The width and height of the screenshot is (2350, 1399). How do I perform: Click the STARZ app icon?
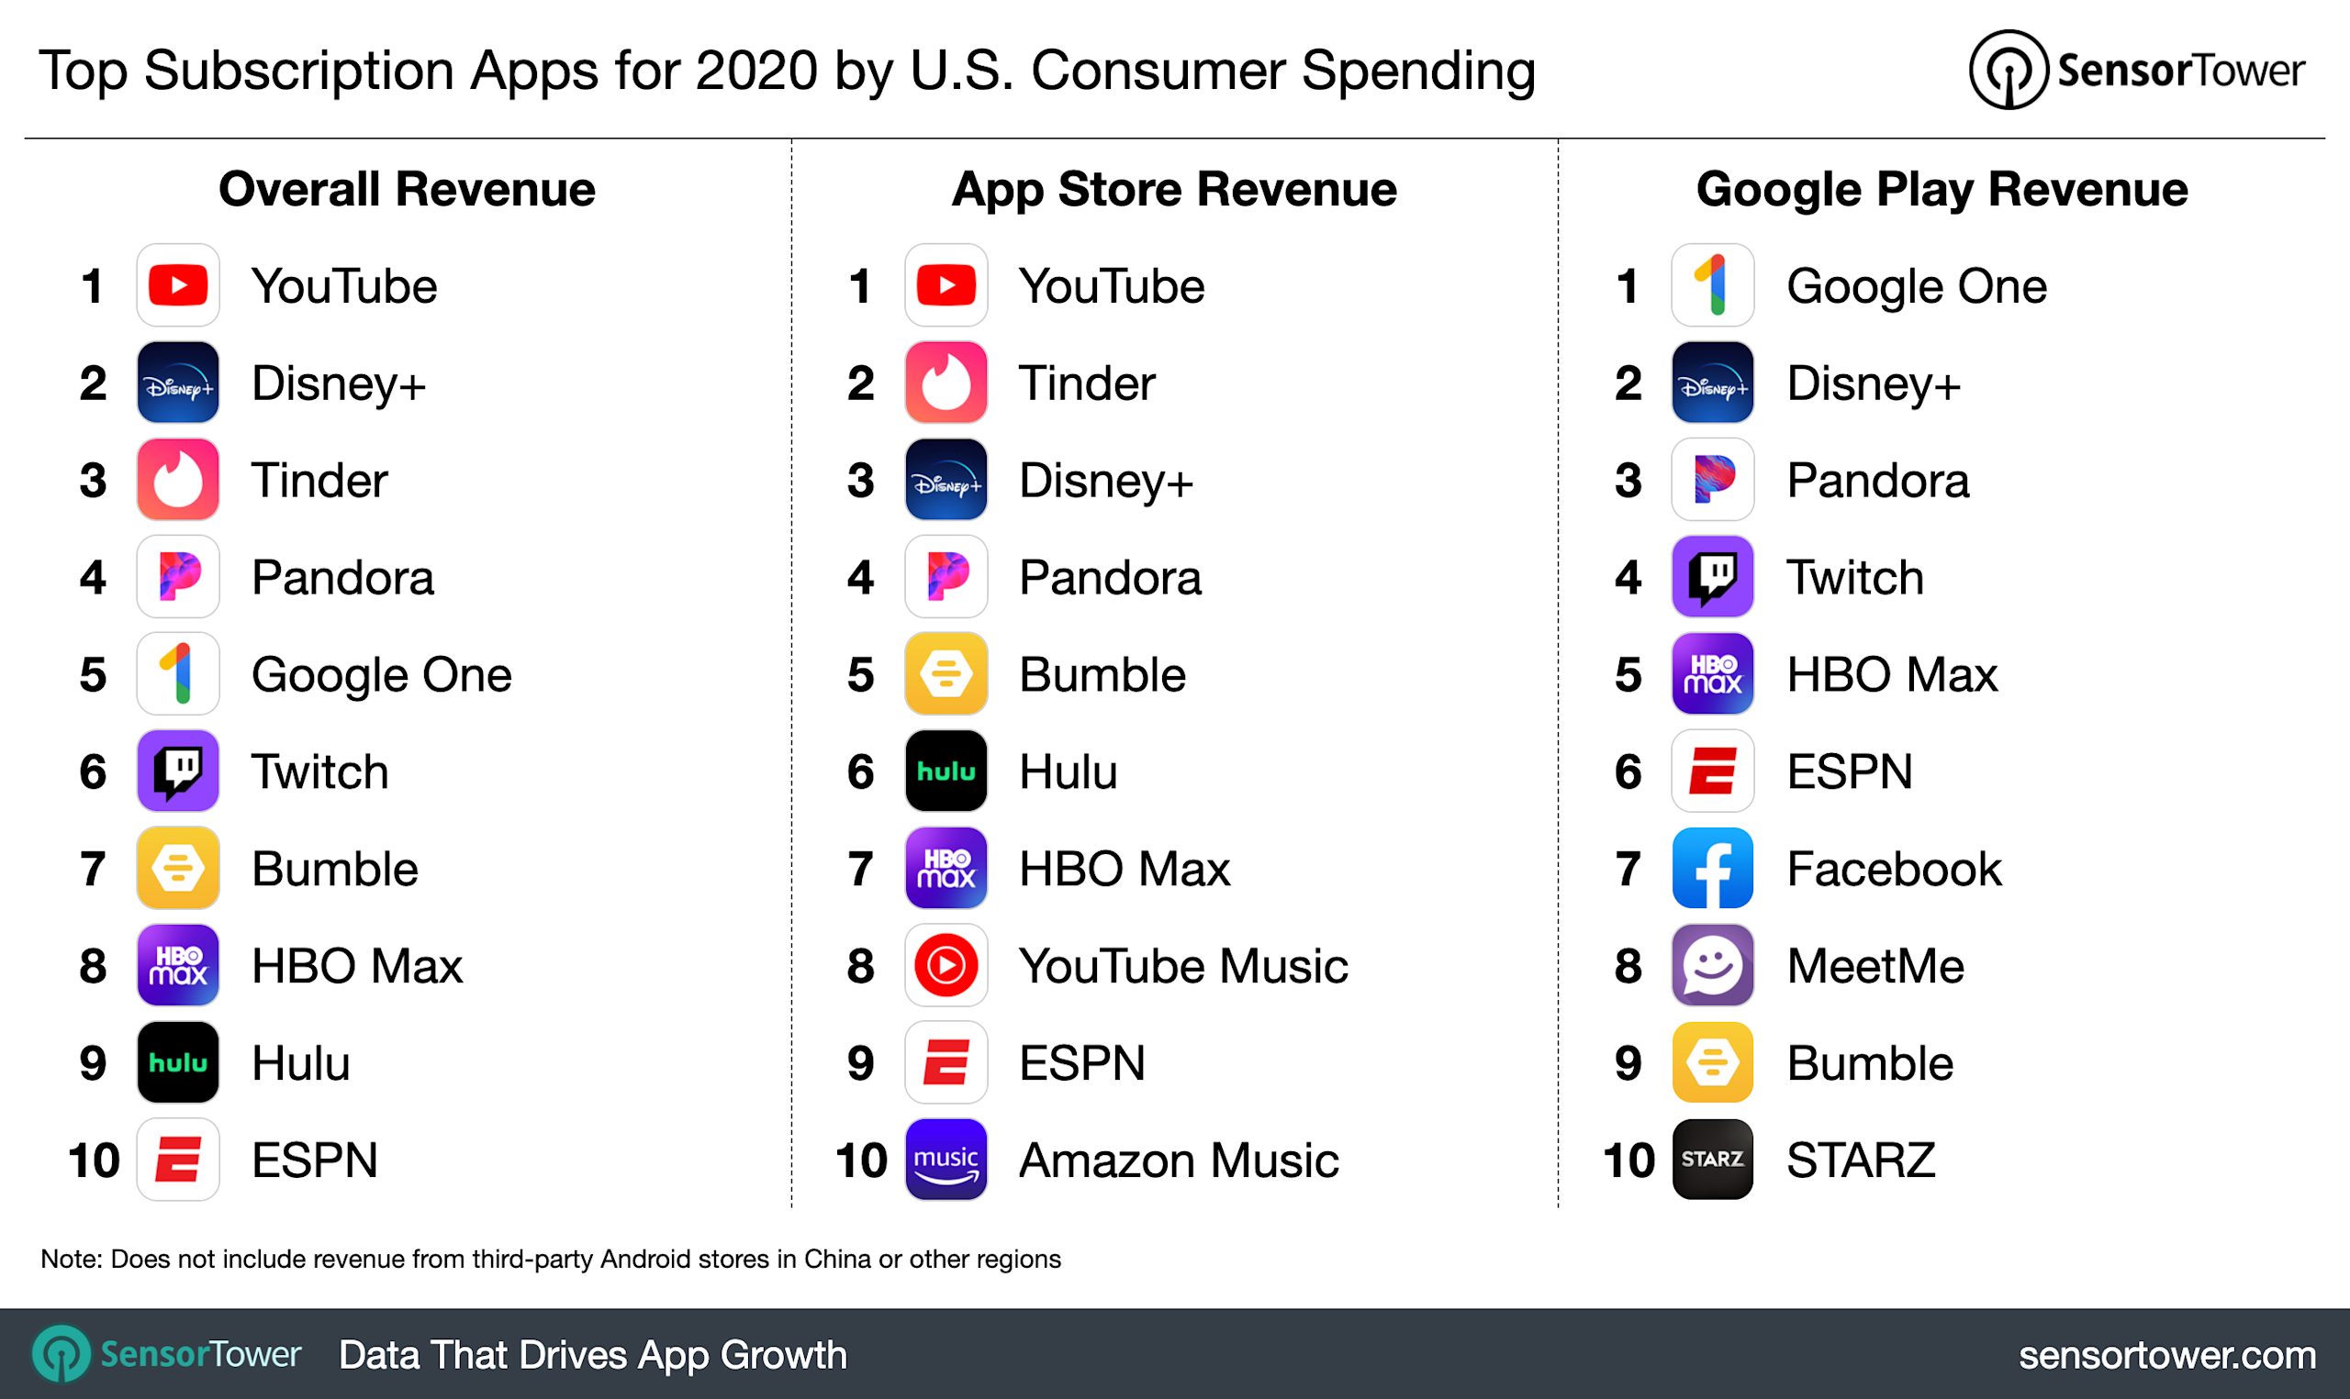click(1713, 1160)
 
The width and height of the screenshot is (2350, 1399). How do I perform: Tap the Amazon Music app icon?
click(946, 1160)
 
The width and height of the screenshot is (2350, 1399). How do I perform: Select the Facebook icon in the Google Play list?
click(1713, 868)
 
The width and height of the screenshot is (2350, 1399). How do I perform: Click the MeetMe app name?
click(1874, 966)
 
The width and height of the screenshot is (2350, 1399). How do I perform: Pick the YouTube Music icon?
click(946, 965)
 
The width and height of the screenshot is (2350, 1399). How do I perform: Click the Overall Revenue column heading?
click(407, 190)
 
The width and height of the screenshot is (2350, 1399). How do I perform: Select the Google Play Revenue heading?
click(1942, 190)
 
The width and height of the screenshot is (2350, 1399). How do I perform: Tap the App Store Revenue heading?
click(1174, 190)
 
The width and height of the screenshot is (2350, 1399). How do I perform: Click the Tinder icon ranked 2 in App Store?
click(946, 383)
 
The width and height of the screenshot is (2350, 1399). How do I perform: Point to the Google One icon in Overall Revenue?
click(178, 674)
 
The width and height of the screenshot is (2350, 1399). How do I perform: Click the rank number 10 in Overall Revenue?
click(95, 1160)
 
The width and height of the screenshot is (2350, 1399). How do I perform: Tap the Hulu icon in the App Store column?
click(946, 772)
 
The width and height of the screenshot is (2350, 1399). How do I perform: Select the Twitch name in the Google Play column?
click(1855, 578)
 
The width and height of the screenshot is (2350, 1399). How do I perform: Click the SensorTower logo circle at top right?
click(2009, 70)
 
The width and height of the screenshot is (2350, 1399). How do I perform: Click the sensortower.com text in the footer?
click(2167, 1356)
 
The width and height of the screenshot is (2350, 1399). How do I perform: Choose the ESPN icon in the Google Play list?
click(1713, 772)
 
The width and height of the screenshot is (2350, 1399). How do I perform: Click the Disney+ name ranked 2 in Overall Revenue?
click(339, 383)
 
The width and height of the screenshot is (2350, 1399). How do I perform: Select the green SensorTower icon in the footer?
click(62, 1355)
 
